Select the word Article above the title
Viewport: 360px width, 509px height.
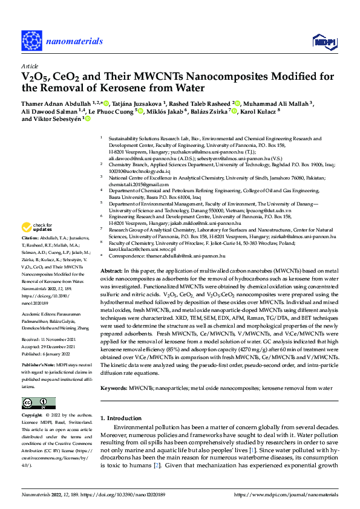pos(29,66)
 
